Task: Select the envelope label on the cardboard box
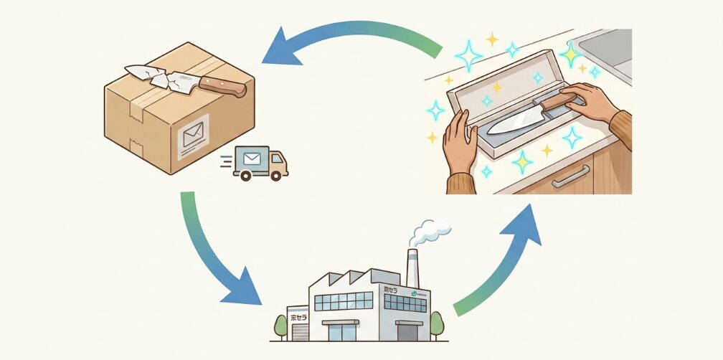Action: point(193,133)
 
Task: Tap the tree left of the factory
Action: point(281,326)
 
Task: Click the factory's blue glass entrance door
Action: point(344,331)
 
